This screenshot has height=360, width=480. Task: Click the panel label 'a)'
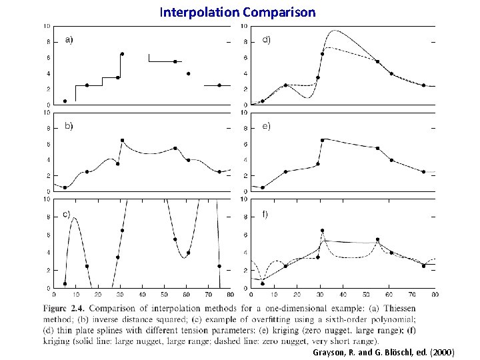69,40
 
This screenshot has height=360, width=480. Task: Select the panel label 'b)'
69,126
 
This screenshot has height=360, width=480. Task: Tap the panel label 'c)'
67,214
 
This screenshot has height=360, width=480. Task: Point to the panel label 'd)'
265,40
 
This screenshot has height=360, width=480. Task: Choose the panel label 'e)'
265,126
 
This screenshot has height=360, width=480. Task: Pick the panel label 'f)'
265,214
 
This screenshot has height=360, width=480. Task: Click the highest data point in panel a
122,53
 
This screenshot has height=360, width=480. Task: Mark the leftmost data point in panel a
65,101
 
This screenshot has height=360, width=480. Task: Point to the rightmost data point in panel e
423,171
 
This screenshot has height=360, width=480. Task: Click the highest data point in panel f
322,231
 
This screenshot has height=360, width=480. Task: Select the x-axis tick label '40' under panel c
143,294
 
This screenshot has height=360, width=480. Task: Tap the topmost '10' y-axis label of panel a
46,26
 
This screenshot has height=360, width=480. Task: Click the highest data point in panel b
122,140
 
